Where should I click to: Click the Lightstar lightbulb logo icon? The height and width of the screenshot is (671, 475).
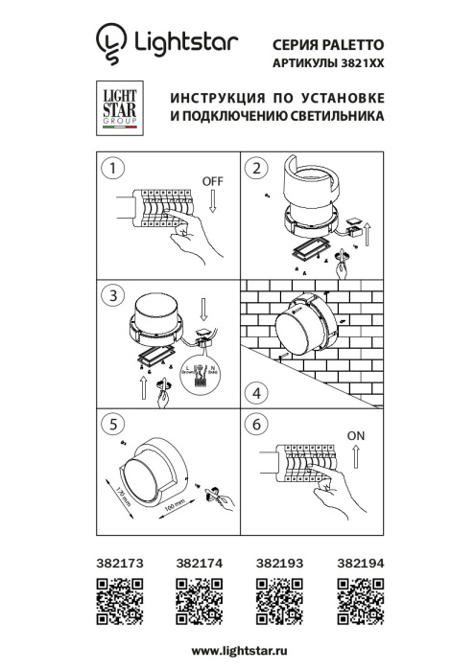(x=110, y=41)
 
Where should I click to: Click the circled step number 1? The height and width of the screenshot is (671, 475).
(x=115, y=169)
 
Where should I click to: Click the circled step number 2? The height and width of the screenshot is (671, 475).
(x=254, y=169)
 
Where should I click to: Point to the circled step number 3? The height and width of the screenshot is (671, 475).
(x=115, y=293)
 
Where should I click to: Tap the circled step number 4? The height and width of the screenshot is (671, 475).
(x=254, y=393)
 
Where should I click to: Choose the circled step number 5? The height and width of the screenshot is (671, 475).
(x=115, y=423)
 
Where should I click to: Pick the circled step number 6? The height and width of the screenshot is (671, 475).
(x=254, y=423)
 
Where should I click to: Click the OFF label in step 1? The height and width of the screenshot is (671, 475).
(x=213, y=181)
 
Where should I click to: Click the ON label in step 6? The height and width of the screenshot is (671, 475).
(x=356, y=435)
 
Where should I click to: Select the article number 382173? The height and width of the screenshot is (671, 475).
(x=120, y=567)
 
